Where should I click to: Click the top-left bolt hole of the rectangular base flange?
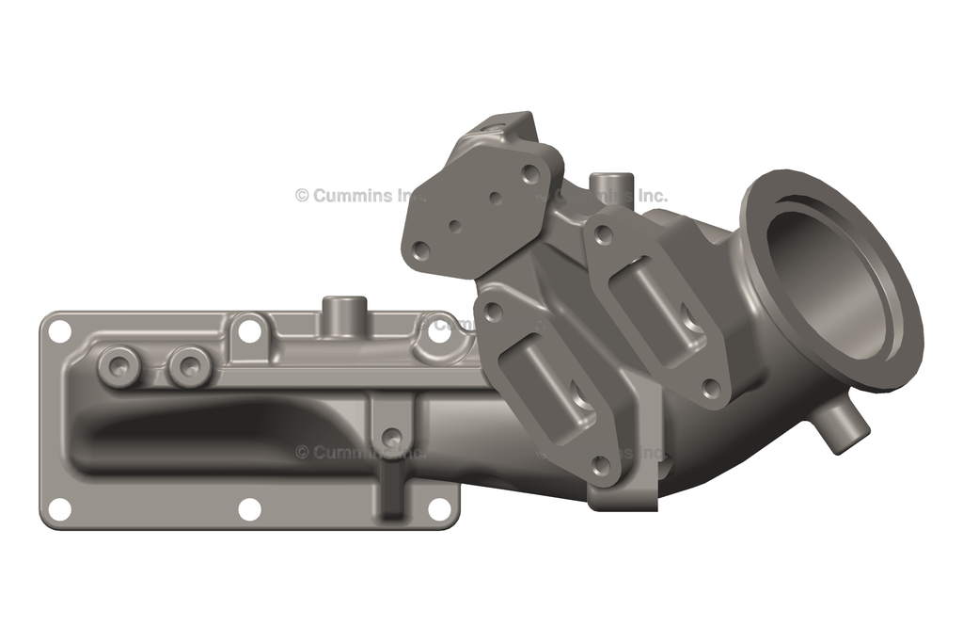point(59,331)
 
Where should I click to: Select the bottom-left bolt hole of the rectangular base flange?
point(59,508)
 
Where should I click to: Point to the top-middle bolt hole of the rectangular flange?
point(249,330)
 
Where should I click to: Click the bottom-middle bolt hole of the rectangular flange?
point(249,509)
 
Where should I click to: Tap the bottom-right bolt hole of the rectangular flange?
point(439,509)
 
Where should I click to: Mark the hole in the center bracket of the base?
point(392,437)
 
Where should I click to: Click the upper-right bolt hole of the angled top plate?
point(530,174)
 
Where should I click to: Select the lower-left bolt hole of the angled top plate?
point(421,249)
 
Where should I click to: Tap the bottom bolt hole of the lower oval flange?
point(599,464)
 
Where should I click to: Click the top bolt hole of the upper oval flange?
point(604,232)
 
